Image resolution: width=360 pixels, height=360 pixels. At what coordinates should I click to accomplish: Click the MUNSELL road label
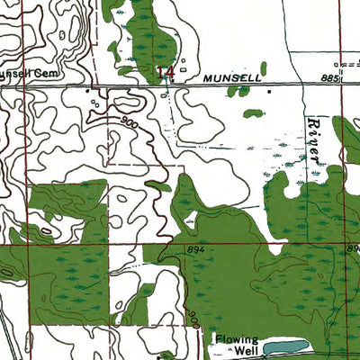click(231, 79)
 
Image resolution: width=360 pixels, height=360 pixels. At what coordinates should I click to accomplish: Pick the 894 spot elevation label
click(198, 249)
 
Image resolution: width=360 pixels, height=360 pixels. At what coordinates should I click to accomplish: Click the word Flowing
click(236, 339)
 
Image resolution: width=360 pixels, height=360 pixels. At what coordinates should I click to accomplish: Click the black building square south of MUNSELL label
click(267, 91)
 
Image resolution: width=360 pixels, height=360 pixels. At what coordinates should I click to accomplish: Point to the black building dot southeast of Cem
click(87, 91)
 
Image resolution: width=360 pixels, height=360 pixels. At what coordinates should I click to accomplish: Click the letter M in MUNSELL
click(206, 79)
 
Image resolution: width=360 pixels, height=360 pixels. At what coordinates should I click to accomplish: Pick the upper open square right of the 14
click(183, 62)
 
